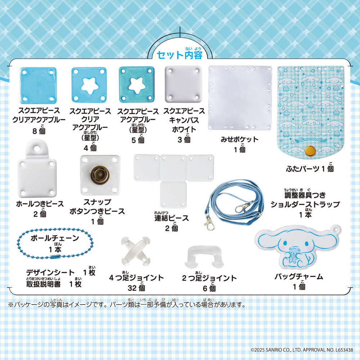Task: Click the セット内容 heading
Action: [x=180, y=55]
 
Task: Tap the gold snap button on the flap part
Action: [x=310, y=150]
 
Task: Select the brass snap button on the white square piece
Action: [x=100, y=176]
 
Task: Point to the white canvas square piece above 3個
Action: [x=184, y=84]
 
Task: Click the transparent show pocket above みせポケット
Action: [x=240, y=98]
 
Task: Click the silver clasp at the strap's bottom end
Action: [x=209, y=223]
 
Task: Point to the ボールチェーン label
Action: [x=55, y=238]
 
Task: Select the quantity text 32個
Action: [x=136, y=288]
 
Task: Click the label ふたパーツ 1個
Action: [x=310, y=169]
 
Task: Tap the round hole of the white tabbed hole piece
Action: [x=37, y=149]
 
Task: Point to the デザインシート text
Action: [x=50, y=273]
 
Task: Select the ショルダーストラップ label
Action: [x=305, y=204]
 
